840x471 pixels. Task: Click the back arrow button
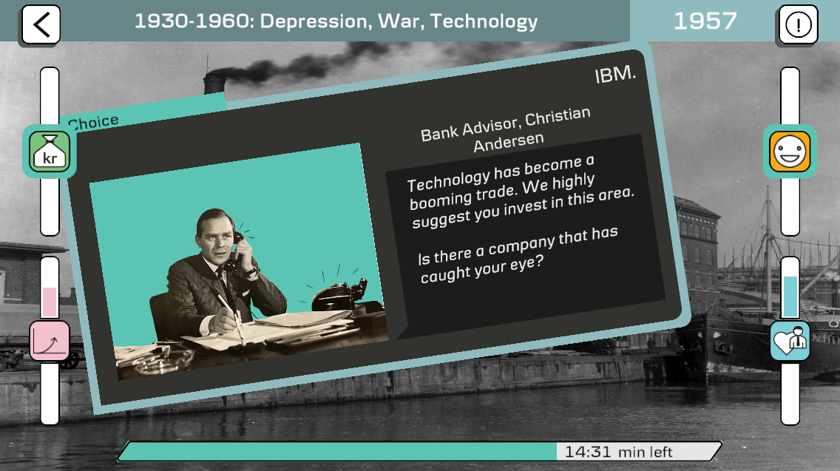point(41,24)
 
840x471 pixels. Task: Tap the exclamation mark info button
point(798,24)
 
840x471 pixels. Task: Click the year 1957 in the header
point(705,21)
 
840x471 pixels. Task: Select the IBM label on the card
point(615,75)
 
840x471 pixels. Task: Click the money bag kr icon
point(50,152)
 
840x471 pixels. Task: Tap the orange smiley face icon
point(790,152)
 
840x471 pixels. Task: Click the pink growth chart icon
point(50,341)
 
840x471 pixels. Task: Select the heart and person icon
point(790,340)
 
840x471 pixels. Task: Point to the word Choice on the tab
point(93,123)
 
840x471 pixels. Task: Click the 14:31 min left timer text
point(618,453)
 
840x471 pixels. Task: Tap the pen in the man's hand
point(231,316)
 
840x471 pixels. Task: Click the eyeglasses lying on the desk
point(160,359)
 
